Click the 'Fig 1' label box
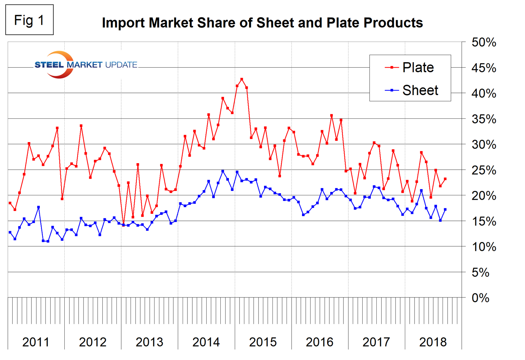[29, 20]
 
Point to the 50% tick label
[484, 43]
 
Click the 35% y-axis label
[484, 119]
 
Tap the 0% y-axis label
[481, 298]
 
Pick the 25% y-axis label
[484, 170]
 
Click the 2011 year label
[36, 342]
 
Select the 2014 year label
[206, 342]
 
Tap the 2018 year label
[433, 342]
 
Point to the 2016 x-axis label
[319, 342]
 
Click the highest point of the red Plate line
[242, 79]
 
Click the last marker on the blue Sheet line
[445, 209]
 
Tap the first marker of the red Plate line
[10, 203]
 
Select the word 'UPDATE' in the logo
[121, 65]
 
